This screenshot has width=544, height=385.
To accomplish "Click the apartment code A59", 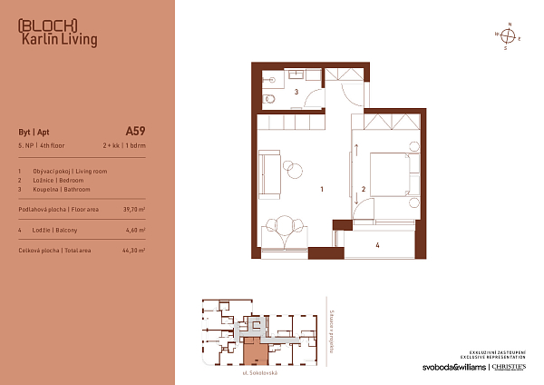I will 134,129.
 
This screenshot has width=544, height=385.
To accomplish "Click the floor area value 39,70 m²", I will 133,209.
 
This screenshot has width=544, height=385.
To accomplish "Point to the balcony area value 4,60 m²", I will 135,231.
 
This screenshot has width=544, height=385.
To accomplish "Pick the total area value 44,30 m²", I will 133,250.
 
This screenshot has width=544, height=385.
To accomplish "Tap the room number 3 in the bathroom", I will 296,93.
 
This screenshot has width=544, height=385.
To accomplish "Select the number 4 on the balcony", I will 377,244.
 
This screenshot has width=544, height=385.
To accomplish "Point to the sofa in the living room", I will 269,167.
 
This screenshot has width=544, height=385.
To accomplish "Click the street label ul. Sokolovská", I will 259,373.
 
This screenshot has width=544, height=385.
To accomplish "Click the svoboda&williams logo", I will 452,368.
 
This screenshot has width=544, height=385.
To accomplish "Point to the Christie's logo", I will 514,368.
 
